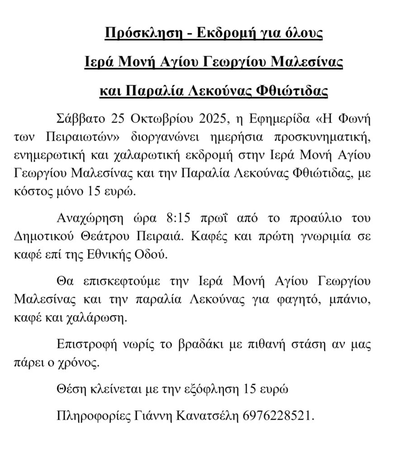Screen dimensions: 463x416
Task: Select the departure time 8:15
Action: [x=178, y=218]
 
